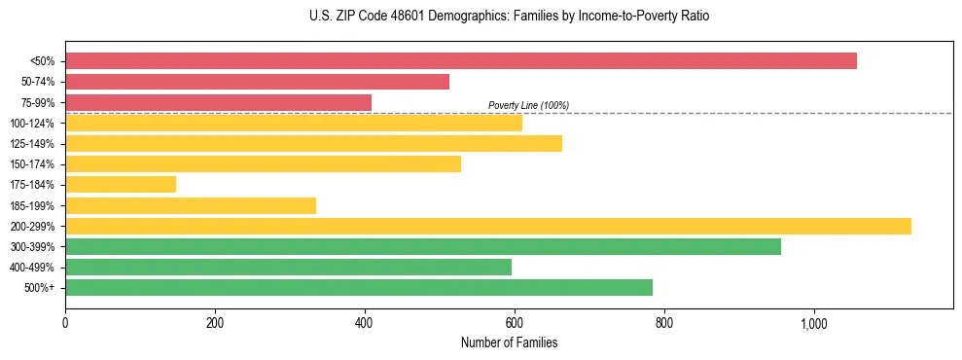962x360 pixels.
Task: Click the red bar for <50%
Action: click(x=461, y=61)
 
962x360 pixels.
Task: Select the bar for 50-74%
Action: click(x=257, y=82)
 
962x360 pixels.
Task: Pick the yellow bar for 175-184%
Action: click(x=121, y=184)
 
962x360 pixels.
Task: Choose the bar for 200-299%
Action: click(x=488, y=226)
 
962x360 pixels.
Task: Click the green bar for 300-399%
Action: click(x=423, y=246)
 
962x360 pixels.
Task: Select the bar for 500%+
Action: click(x=359, y=287)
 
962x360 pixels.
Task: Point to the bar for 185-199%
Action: click(x=191, y=205)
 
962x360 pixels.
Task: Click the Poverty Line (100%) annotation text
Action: click(x=528, y=105)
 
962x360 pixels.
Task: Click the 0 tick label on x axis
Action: click(x=65, y=323)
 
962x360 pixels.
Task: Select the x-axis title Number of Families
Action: click(x=509, y=342)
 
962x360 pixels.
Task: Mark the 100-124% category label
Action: click(x=32, y=124)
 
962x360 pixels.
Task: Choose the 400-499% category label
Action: click(x=32, y=268)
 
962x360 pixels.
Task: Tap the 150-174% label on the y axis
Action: click(x=32, y=164)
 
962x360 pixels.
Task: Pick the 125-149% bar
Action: click(x=313, y=143)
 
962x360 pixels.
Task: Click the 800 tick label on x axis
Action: click(x=664, y=323)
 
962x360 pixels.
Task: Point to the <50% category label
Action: click(x=42, y=61)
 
